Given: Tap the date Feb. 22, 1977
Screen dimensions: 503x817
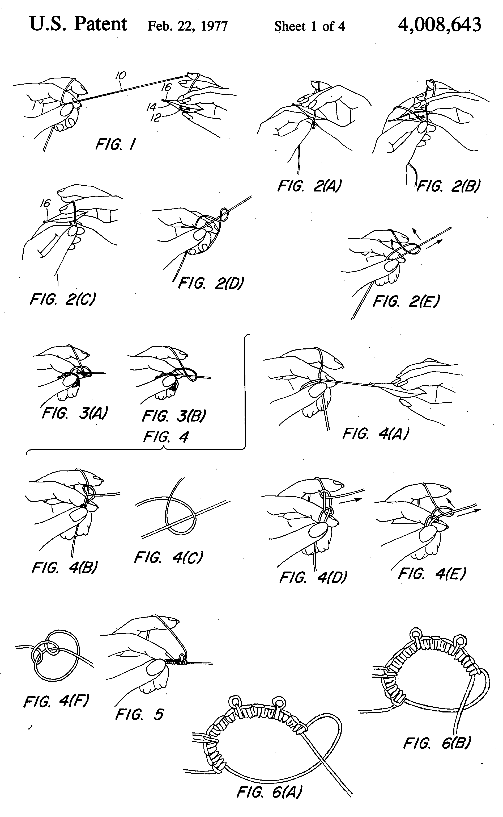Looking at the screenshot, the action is [187, 26].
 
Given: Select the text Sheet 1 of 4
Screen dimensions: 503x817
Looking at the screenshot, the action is [309, 26].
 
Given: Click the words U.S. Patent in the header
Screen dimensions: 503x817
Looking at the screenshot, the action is [79, 24].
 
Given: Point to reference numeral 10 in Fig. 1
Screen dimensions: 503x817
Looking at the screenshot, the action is [121, 76].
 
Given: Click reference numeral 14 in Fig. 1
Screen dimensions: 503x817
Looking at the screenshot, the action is [151, 107].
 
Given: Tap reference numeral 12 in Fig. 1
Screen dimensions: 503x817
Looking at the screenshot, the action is [156, 117].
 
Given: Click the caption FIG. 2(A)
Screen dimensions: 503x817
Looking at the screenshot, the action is [309, 186].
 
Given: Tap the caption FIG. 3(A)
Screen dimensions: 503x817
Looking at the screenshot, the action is [75, 413].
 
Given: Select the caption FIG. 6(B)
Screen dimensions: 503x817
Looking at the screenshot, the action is [437, 743].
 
